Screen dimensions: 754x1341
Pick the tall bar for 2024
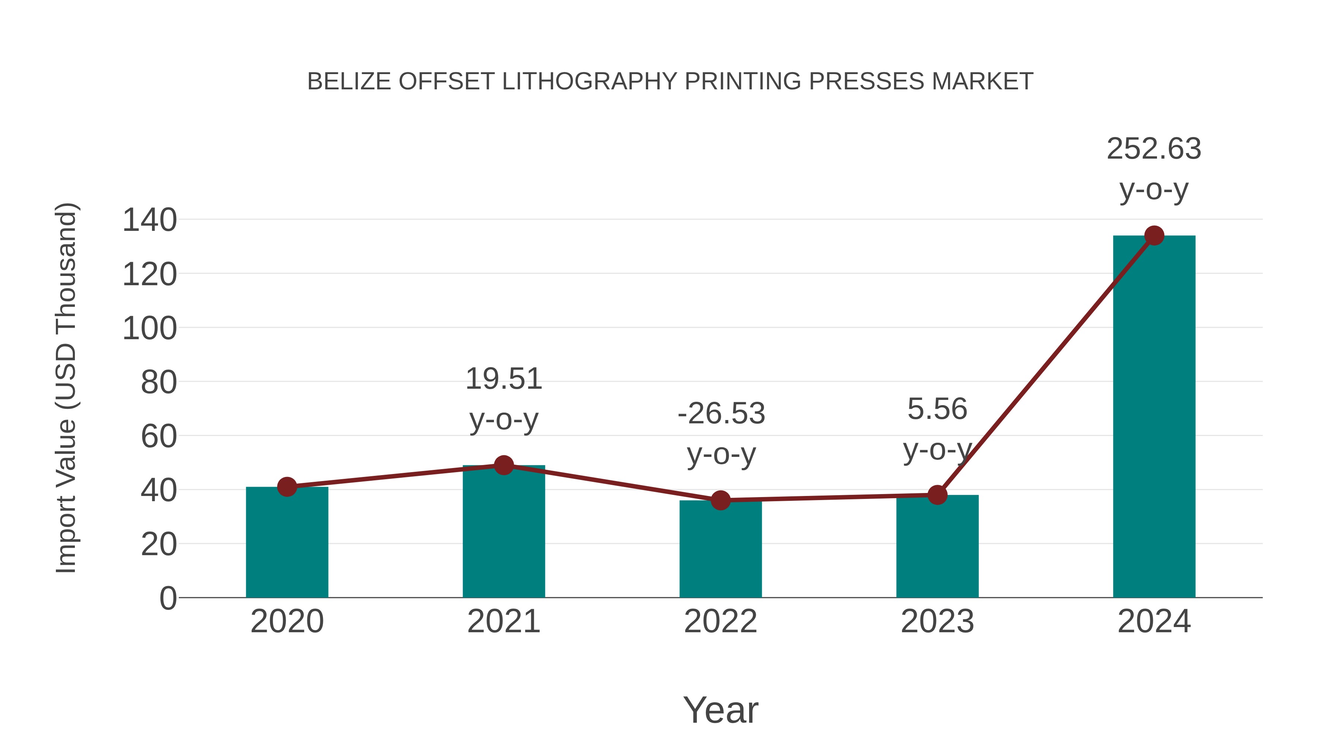[x=1154, y=416]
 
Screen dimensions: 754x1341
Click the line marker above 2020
[x=287, y=487]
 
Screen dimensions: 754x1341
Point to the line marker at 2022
[x=720, y=500]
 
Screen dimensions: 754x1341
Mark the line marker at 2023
[x=937, y=495]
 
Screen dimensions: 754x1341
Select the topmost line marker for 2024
[x=1154, y=236]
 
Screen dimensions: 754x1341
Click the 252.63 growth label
[x=1154, y=149]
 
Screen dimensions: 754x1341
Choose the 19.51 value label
[x=503, y=379]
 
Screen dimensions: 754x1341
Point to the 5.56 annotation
[x=937, y=409]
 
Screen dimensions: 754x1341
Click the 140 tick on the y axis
[x=149, y=220]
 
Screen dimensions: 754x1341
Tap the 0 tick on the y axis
[x=168, y=598]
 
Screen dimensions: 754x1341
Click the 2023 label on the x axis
[x=937, y=622]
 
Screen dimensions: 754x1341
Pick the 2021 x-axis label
[x=503, y=622]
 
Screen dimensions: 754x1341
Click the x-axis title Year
[x=720, y=710]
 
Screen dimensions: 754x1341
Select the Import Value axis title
[x=66, y=388]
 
